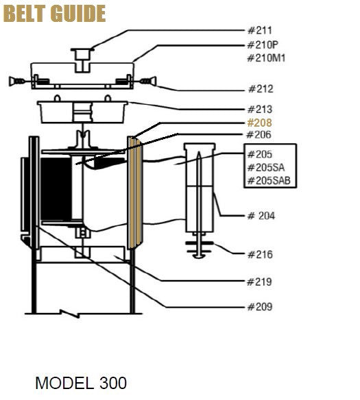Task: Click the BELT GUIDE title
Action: coord(55,13)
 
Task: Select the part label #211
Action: coord(259,30)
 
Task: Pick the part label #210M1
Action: coord(266,58)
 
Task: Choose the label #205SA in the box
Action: coord(266,167)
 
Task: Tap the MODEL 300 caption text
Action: coord(81,382)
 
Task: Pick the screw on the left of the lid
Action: coord(19,82)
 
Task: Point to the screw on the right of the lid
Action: coord(146,82)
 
